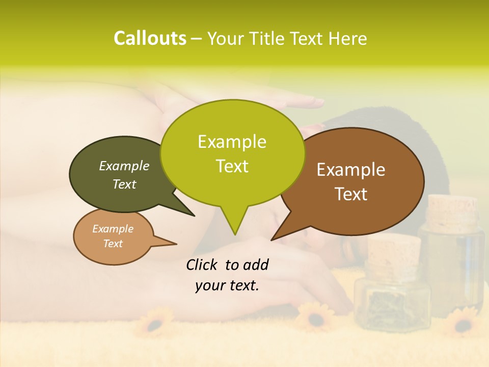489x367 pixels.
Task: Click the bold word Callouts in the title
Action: coord(150,38)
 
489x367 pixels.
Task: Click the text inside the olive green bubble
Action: coord(232,153)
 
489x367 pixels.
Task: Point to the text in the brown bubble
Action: coord(351,181)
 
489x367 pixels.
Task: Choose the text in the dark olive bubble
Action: coord(124,175)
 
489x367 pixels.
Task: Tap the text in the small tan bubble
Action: coord(113,236)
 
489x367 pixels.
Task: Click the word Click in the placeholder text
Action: coord(202,265)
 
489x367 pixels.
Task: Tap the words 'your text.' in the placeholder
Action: coord(227,285)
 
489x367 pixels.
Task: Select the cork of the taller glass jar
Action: coord(452,214)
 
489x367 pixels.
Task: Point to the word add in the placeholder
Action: coord(256,265)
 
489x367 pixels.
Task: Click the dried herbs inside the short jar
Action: coord(391,305)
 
